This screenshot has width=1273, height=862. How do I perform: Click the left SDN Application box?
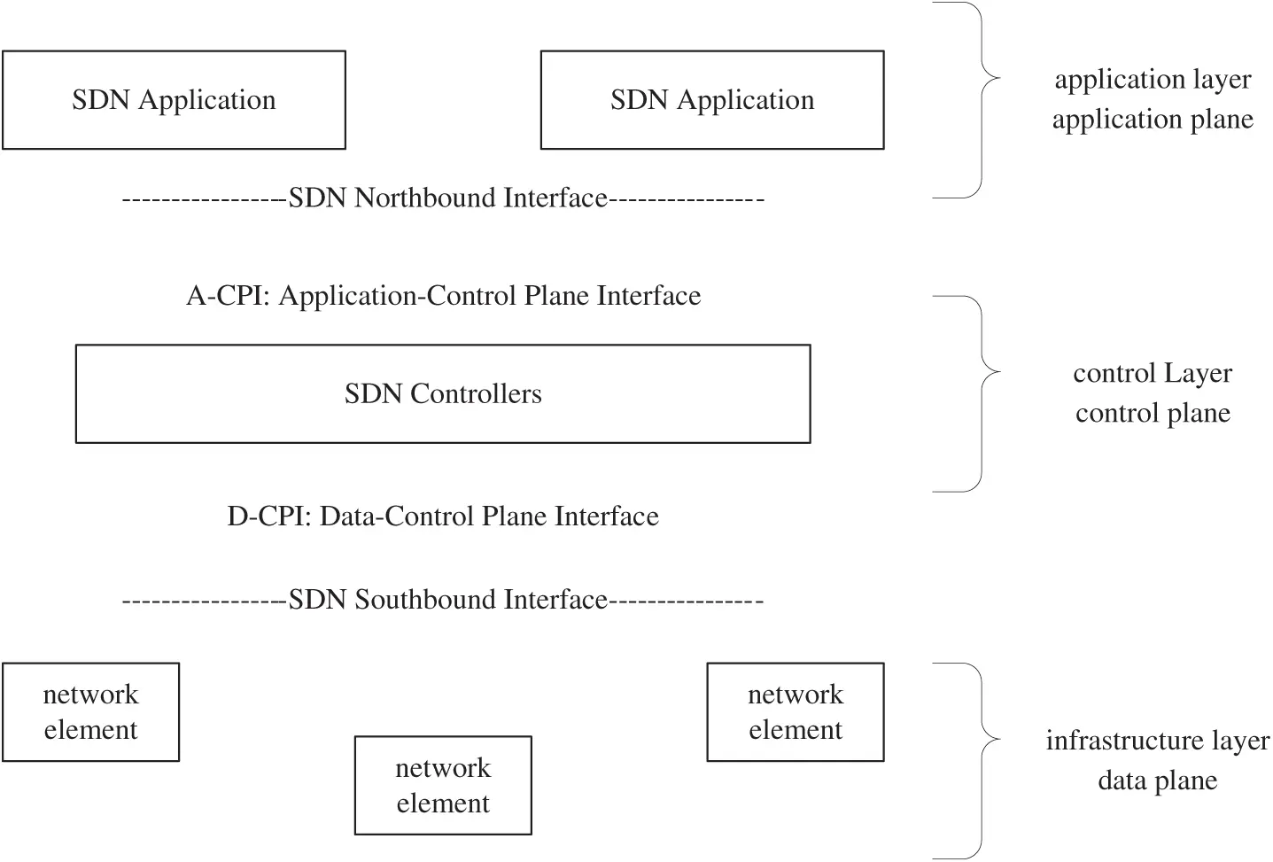point(174,100)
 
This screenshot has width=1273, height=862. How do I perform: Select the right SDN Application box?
point(712,100)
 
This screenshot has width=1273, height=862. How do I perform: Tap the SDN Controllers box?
point(443,393)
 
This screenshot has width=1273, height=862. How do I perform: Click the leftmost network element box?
point(90,712)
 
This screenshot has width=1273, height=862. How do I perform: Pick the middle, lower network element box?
point(443,785)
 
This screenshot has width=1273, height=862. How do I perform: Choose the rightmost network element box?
point(796,712)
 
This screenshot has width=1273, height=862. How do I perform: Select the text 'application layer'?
point(1153,80)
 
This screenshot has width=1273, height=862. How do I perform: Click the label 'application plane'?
point(1153,120)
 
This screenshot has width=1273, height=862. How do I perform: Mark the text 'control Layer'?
point(1153,373)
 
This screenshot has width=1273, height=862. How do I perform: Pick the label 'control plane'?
point(1153,413)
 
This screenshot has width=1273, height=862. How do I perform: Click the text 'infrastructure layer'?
point(1157,741)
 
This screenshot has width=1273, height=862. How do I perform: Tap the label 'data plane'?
point(1157,780)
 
